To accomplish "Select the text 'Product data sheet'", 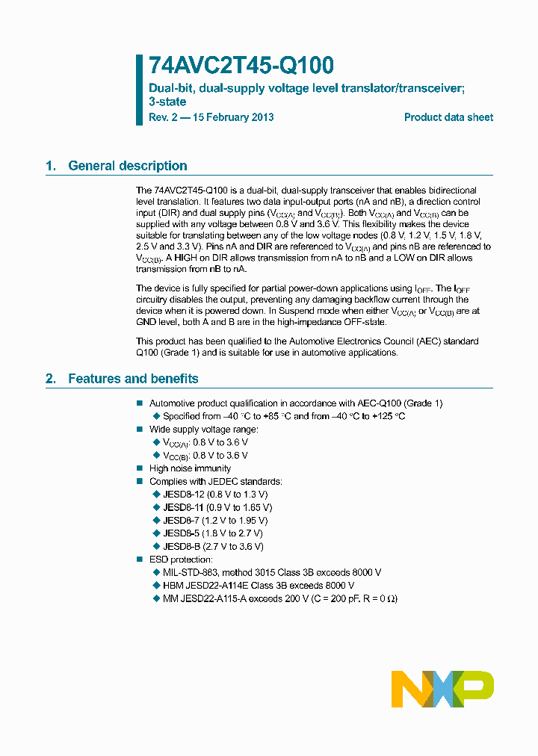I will tap(448, 117).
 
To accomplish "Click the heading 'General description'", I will tap(127, 166).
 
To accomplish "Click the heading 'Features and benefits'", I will tap(133, 379).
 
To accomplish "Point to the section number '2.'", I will tap(51, 379).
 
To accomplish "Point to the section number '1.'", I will tap(51, 166).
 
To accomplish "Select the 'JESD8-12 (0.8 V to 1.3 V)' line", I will tap(215, 495).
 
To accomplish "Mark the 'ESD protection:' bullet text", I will tap(181, 560).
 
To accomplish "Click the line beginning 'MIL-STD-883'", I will tap(272, 572).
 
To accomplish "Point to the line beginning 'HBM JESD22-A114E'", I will tap(259, 586).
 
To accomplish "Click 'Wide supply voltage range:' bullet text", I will tap(204, 430).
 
